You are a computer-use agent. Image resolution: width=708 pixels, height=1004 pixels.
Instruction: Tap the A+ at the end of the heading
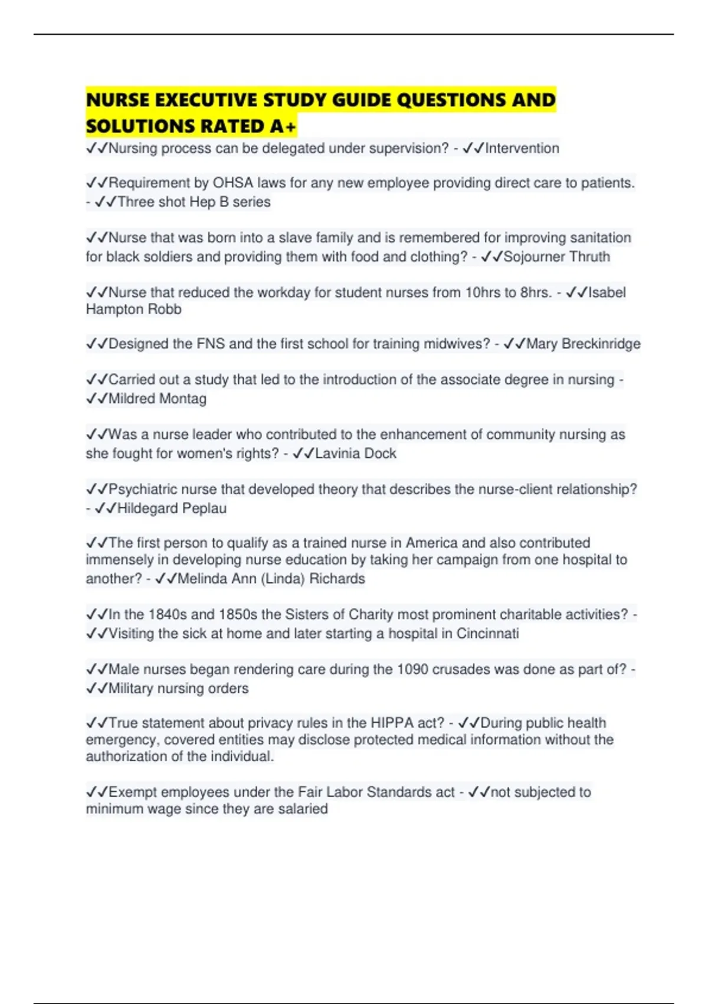[x=284, y=126]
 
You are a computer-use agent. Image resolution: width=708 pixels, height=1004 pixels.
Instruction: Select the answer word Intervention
[x=522, y=148]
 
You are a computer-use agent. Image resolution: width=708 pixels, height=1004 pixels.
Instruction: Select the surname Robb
[x=165, y=309]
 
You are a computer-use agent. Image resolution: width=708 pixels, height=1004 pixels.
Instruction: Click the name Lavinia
[x=337, y=454]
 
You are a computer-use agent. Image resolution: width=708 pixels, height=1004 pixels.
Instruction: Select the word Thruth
[x=589, y=257]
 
